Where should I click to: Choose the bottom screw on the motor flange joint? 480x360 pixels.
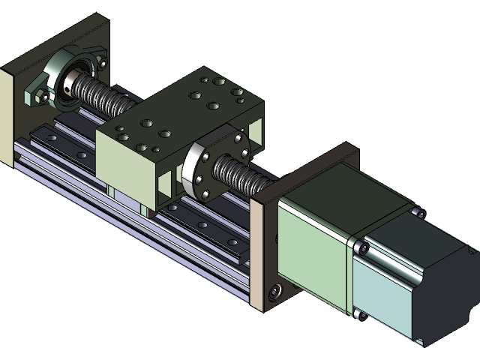361,315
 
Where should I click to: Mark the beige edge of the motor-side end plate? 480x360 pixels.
256,255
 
